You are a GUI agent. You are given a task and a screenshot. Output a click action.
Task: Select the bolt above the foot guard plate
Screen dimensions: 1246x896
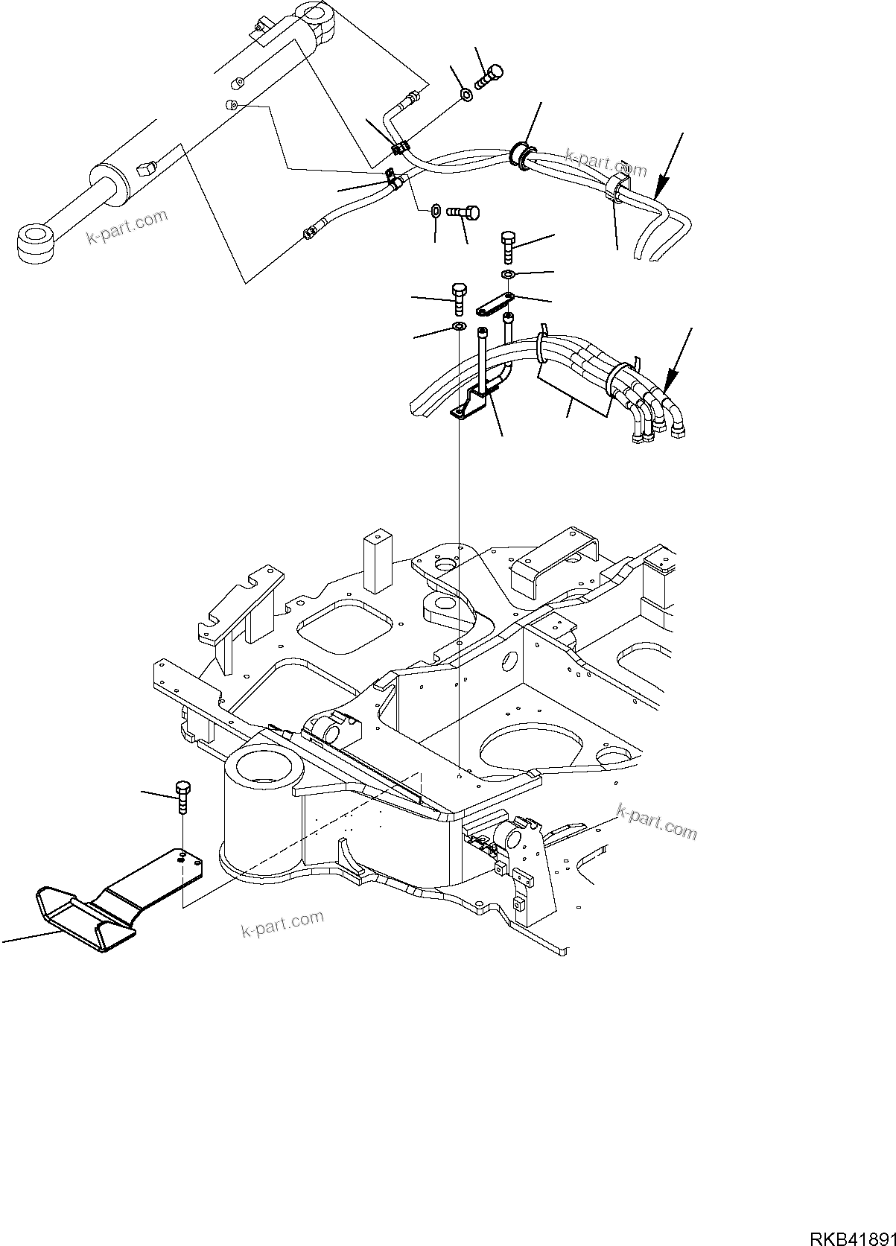182,798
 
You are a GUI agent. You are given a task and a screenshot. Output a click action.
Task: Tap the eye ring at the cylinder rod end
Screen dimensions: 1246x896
34,243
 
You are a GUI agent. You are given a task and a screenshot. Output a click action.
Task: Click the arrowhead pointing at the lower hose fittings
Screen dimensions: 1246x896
669,384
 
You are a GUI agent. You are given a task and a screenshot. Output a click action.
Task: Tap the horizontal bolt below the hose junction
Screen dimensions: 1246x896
465,212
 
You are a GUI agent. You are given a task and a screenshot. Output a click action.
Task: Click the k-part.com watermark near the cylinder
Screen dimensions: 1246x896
127,227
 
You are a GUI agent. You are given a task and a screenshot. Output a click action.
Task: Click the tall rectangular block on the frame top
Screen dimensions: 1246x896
378,559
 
